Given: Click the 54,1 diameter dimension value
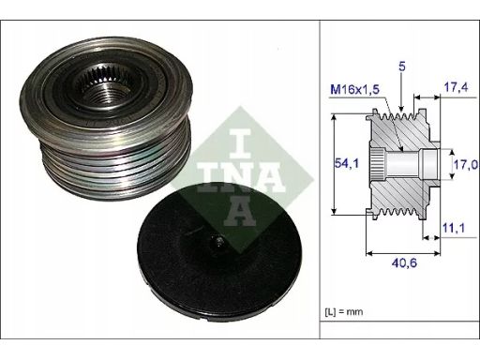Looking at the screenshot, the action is (347, 163).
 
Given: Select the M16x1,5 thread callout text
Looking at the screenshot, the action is (355, 90).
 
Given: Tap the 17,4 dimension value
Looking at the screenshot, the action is (456, 87).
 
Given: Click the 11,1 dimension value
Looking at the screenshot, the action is (453, 228).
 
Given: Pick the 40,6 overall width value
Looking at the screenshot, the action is (404, 262).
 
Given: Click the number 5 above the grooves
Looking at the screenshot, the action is (402, 67).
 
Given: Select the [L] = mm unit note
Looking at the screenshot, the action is (344, 311).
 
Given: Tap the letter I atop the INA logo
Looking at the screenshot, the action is (240, 143).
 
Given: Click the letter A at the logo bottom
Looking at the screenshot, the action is (240, 211).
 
